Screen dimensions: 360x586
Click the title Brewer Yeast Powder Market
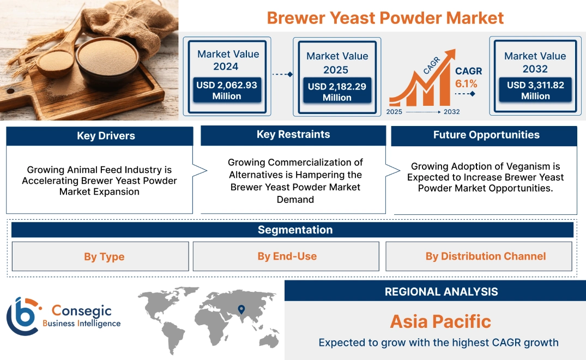(385, 17)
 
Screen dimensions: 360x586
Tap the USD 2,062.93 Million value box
(227, 90)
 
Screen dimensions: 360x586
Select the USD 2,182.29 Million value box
(337, 92)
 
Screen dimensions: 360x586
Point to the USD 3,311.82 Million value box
(535, 90)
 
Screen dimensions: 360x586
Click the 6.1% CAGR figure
(466, 83)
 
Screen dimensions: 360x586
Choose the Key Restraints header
(293, 135)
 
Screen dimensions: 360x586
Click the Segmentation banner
(295, 230)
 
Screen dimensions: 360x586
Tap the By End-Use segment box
(287, 256)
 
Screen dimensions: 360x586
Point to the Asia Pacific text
(440, 321)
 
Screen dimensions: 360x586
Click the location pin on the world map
(240, 310)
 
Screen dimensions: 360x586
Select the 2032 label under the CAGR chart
(451, 112)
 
